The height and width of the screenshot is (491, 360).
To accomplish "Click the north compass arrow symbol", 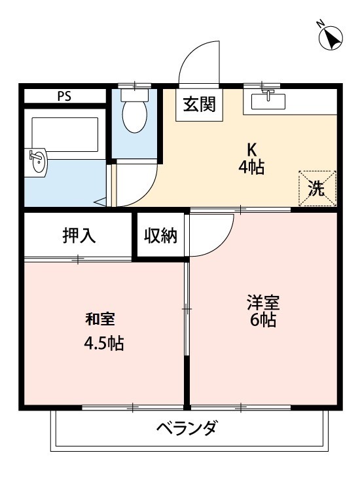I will click(331, 37).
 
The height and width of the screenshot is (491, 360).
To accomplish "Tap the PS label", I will click(64, 96).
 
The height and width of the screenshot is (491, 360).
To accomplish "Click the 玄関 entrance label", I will click(200, 104).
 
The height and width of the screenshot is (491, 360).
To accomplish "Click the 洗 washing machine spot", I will click(317, 189).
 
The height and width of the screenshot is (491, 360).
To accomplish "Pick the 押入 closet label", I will click(79, 236).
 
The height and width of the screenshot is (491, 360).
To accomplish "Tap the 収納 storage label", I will click(161, 236).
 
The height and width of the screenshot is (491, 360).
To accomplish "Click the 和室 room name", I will click(100, 319).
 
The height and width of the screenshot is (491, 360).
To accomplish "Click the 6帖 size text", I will click(262, 321).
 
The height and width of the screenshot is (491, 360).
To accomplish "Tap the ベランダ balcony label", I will click(187, 429).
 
